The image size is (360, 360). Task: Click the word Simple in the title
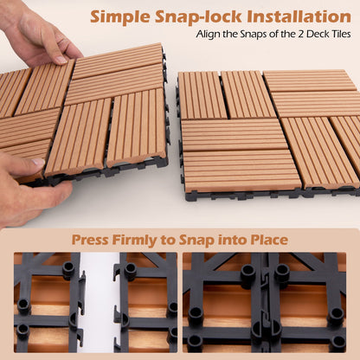125,16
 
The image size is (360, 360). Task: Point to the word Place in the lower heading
267,239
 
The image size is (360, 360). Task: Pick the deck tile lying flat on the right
268,130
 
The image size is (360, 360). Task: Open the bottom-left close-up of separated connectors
95,302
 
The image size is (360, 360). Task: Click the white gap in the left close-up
99,302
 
